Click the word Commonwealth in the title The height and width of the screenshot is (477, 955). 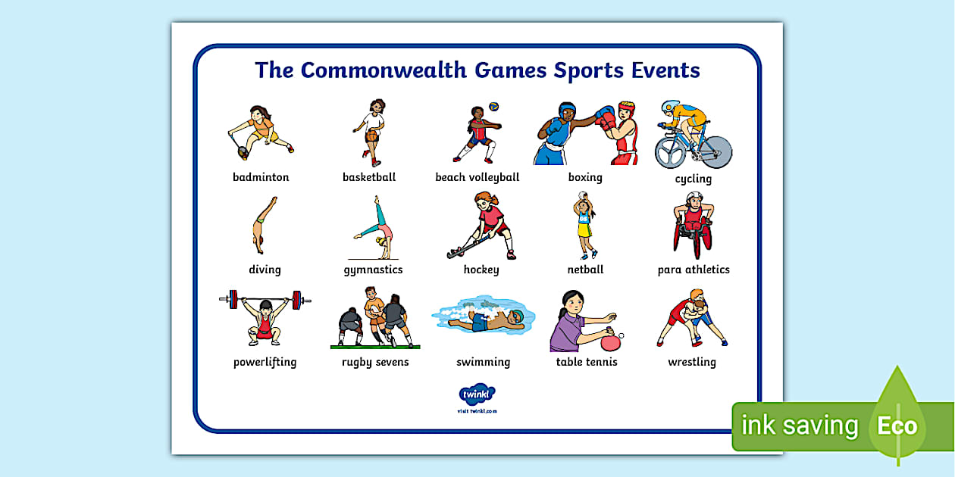pyautogui.click(x=384, y=70)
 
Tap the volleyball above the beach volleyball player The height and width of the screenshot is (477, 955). pyautogui.click(x=493, y=106)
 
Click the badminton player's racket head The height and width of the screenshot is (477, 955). pyautogui.click(x=243, y=152)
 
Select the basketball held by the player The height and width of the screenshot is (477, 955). pyautogui.click(x=371, y=136)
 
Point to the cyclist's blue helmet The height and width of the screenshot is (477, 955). pyautogui.click(x=670, y=106)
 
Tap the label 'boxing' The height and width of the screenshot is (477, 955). pyautogui.click(x=585, y=177)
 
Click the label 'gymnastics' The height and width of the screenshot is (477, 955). pyautogui.click(x=373, y=270)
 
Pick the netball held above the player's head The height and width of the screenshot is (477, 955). pyautogui.click(x=582, y=195)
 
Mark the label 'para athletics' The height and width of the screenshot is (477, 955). pyautogui.click(x=694, y=270)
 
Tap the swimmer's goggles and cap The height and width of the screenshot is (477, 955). pyautogui.click(x=517, y=316)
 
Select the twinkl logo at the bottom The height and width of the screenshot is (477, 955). pyautogui.click(x=477, y=394)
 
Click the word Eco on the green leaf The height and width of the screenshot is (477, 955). pyautogui.click(x=897, y=426)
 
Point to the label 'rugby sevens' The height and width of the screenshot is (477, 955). pyautogui.click(x=375, y=362)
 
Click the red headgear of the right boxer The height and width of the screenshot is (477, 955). pyautogui.click(x=626, y=108)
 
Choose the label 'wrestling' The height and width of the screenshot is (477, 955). pyautogui.click(x=691, y=362)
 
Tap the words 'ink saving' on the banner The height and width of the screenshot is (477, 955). pyautogui.click(x=800, y=425)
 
